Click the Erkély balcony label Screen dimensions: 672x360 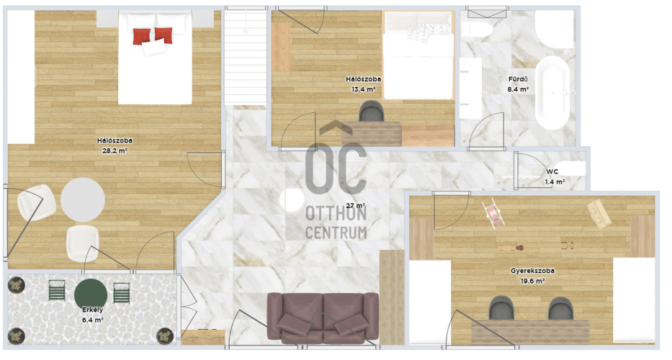(x=92, y=310)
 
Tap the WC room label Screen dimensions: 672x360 (x=552, y=172)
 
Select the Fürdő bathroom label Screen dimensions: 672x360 (x=518, y=79)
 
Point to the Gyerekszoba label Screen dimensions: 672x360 (x=532, y=271)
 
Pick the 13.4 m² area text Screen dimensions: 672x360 (x=364, y=89)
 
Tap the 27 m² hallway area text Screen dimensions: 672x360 (x=355, y=206)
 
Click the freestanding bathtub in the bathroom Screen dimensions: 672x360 (x=552, y=92)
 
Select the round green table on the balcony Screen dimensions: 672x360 (x=91, y=294)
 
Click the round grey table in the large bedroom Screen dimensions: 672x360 (x=82, y=199)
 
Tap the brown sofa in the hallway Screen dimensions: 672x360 (x=323, y=318)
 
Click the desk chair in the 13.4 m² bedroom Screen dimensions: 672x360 (x=372, y=111)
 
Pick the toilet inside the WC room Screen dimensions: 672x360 (x=569, y=169)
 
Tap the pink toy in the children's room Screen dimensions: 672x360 (x=493, y=213)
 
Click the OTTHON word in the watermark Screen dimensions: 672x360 (x=336, y=213)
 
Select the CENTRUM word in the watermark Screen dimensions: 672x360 (x=336, y=233)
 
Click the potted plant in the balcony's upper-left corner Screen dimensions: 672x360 (x=17, y=285)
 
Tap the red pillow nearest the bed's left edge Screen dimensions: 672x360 (x=142, y=37)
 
